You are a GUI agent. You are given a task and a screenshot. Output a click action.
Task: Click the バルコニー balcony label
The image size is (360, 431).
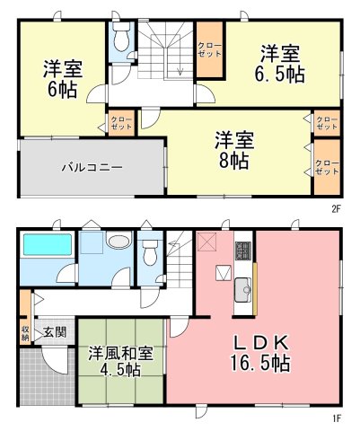[x=92, y=167]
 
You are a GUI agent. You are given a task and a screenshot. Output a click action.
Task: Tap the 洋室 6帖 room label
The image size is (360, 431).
[x=63, y=79]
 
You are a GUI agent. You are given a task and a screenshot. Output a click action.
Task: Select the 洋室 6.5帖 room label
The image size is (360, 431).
[x=280, y=64]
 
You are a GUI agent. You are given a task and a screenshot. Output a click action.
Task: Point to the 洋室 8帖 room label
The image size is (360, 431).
[x=234, y=150]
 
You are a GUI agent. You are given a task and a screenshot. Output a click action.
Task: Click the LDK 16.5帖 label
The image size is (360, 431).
[x=260, y=353]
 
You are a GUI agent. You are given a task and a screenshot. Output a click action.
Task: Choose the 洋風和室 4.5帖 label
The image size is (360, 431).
[x=120, y=362]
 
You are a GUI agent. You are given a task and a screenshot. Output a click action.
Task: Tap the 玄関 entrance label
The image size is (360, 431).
[x=55, y=332]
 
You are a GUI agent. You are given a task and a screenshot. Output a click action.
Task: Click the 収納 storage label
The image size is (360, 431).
[x=25, y=333]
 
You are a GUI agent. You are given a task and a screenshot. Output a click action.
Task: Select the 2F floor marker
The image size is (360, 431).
[x=337, y=208]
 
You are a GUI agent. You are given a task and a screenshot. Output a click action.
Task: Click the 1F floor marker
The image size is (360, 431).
[x=337, y=418]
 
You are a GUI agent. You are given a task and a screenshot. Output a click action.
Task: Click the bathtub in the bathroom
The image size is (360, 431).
[x=48, y=245]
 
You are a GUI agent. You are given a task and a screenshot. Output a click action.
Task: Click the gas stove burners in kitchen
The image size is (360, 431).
[x=243, y=251]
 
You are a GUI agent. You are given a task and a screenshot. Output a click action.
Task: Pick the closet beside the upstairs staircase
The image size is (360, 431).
[x=210, y=49]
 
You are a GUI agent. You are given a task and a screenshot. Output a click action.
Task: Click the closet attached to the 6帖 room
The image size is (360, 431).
[x=121, y=123]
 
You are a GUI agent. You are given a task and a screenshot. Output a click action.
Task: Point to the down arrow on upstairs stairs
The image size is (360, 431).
[x=180, y=71]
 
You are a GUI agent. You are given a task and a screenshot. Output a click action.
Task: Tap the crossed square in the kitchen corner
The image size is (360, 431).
[x=206, y=242]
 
